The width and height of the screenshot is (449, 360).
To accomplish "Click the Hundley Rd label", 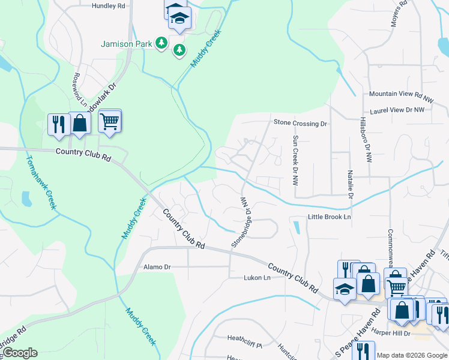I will [109, 5].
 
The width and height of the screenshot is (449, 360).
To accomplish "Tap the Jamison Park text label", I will [126, 44].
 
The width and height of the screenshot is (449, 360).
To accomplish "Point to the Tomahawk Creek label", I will [41, 182].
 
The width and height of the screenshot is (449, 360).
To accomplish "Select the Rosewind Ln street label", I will [76, 88].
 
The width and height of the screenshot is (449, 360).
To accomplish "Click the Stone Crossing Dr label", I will [300, 123].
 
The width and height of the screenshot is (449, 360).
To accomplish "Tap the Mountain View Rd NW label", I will [401, 94].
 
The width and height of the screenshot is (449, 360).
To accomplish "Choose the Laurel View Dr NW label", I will [397, 110].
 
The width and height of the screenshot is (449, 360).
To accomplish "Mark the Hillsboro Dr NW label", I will [363, 138].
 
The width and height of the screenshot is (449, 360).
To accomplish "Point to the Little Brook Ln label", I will [329, 217].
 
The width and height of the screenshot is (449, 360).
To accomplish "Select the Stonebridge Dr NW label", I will [239, 223].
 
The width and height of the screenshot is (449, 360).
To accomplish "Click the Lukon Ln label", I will [258, 278].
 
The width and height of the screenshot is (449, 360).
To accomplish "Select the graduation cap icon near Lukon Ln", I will [345, 289].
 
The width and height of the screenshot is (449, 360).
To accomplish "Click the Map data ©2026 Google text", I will [412, 355].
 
